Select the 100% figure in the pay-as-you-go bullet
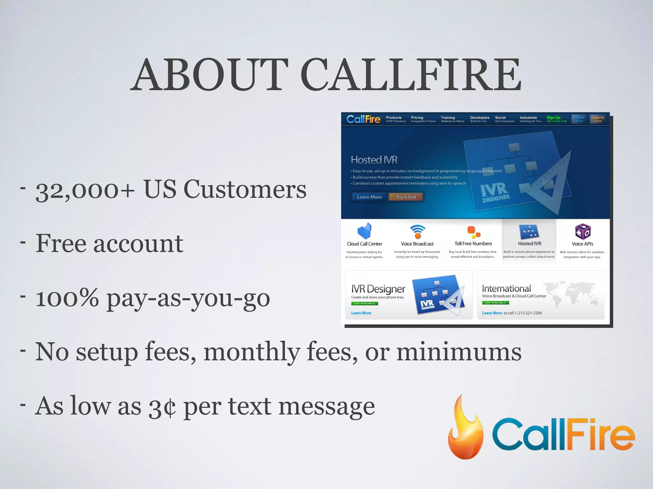pyautogui.click(x=67, y=298)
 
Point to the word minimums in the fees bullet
pyautogui.click(x=459, y=352)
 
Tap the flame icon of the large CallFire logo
pyautogui.click(x=465, y=428)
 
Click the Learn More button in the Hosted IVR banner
pyautogui.click(x=369, y=197)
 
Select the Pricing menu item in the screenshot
pyautogui.click(x=417, y=118)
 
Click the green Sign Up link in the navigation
pyautogui.click(x=554, y=118)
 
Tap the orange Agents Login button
pyautogui.click(x=598, y=119)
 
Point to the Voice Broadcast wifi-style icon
pyautogui.click(x=417, y=231)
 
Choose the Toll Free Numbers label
pyautogui.click(x=473, y=244)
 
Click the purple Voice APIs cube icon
pyautogui.click(x=583, y=231)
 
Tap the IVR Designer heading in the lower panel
pyautogui.click(x=378, y=289)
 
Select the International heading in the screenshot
pyautogui.click(x=506, y=288)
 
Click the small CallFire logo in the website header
pyautogui.click(x=363, y=119)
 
